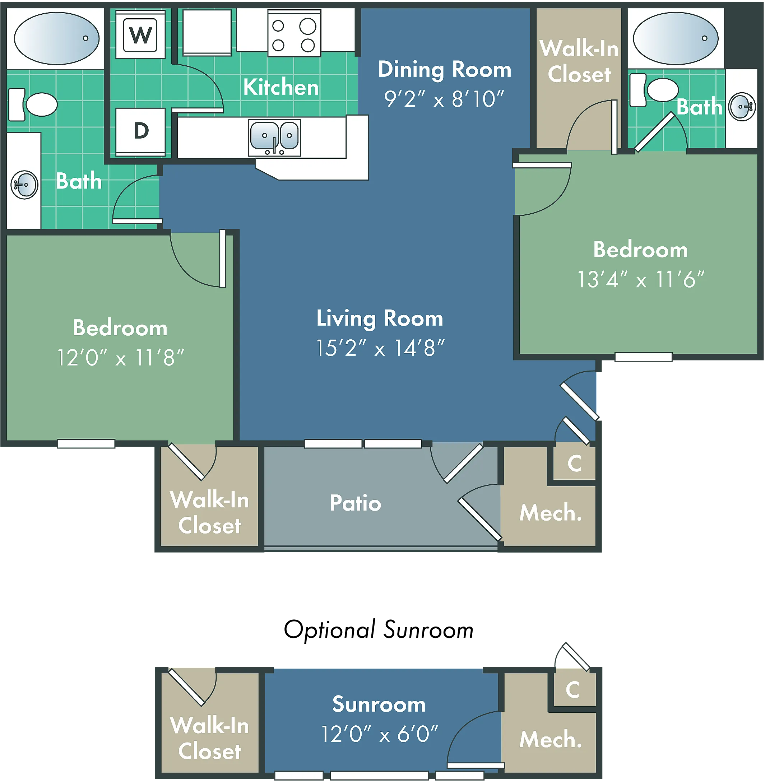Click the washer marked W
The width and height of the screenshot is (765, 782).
coord(140,34)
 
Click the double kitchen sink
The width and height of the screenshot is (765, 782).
coord(274,138)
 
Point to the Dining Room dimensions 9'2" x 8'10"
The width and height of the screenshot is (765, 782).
coord(444,99)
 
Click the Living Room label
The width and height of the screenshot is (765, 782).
coord(380,319)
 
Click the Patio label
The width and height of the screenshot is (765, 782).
coord(356,503)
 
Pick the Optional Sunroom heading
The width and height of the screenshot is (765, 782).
coord(379,630)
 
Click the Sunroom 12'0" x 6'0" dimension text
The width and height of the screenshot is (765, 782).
coord(380,734)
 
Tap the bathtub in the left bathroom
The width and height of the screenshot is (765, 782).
coord(57,38)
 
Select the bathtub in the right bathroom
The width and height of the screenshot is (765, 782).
coord(676,38)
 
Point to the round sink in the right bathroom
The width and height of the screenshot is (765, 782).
coord(742,107)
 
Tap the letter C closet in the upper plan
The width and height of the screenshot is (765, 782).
coord(574,463)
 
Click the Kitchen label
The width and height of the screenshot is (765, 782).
coord(281,87)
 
